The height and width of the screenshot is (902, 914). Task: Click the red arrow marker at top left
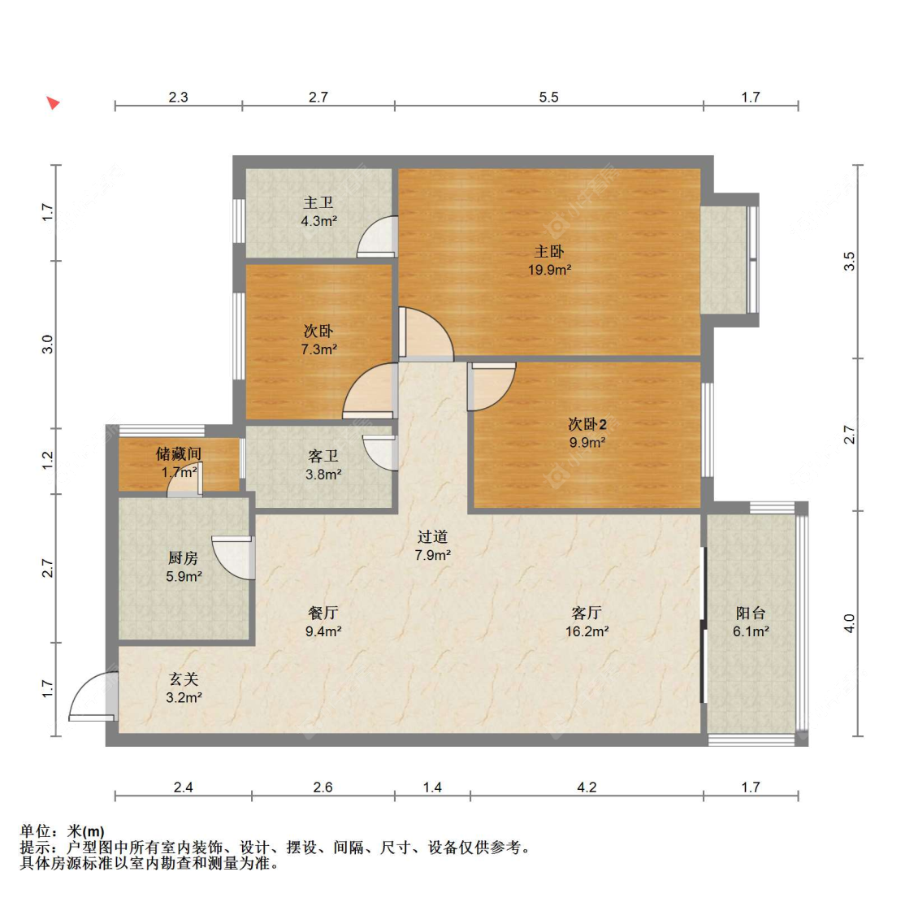(54, 103)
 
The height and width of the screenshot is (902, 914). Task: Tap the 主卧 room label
(549, 251)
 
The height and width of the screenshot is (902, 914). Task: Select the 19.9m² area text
(549, 270)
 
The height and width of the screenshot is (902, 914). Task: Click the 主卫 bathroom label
(318, 202)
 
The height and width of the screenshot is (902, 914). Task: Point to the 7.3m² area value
(318, 349)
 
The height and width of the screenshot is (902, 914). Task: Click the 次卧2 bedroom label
(587, 424)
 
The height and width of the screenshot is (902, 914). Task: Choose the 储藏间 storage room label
(179, 453)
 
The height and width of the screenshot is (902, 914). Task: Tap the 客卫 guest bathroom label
(323, 456)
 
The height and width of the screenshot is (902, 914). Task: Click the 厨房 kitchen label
(183, 558)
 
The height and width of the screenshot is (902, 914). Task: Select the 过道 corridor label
(432, 536)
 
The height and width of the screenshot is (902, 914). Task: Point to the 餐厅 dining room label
(323, 613)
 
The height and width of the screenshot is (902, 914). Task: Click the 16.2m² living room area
(587, 631)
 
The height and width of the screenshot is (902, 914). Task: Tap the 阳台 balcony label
(750, 613)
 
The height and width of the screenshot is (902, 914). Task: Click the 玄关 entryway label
(184, 679)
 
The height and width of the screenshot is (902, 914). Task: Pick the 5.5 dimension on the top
(548, 98)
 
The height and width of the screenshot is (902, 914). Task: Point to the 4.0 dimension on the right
(850, 623)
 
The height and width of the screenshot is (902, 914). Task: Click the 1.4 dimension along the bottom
(432, 787)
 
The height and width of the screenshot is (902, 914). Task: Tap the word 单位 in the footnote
(35, 830)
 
